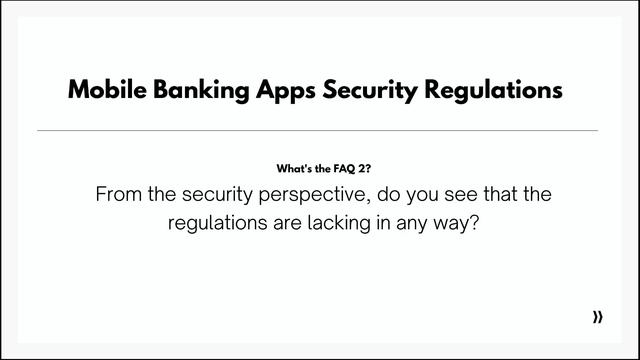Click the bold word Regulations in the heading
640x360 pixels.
[493, 91]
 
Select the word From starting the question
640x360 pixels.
[118, 195]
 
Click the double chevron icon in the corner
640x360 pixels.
[598, 317]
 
